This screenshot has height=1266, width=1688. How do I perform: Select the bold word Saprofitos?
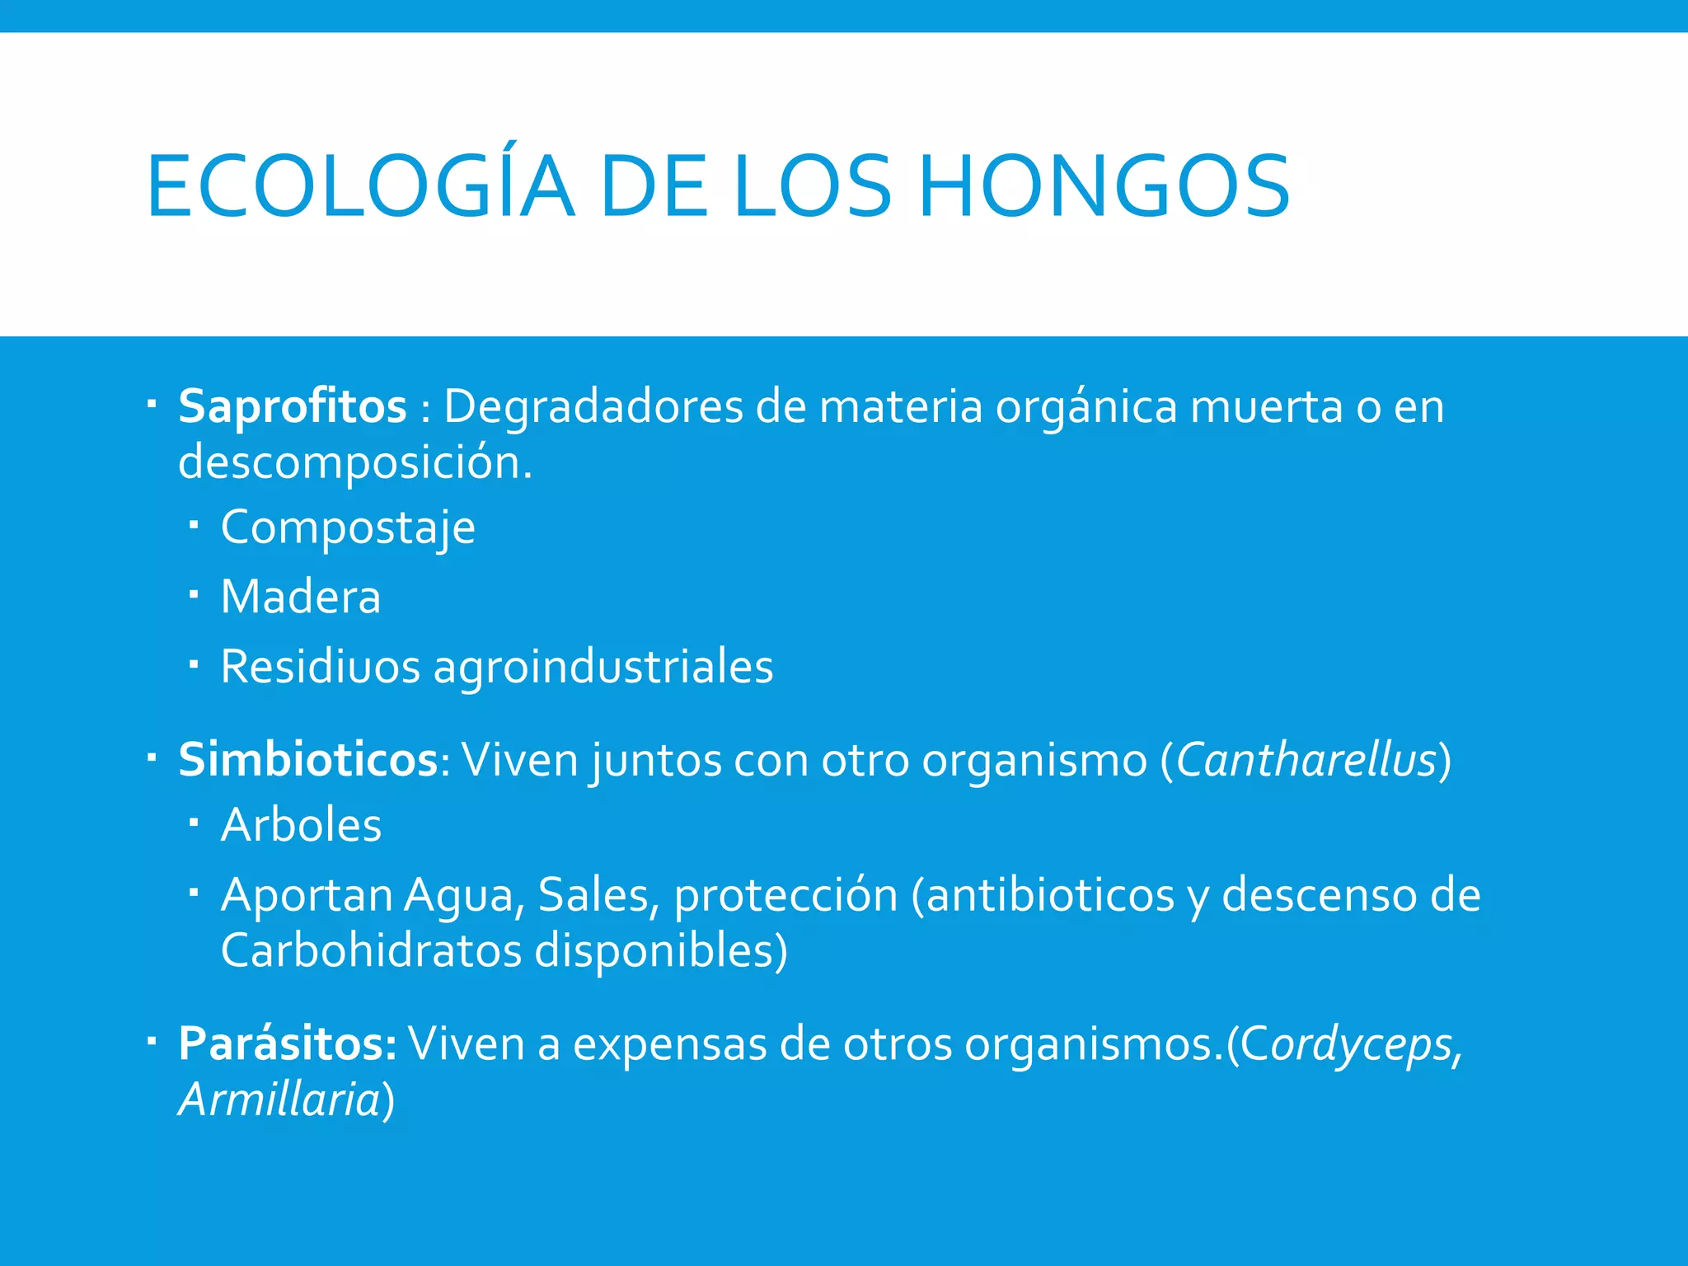pyautogui.click(x=293, y=406)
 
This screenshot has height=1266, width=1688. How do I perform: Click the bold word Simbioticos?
pyautogui.click(x=308, y=759)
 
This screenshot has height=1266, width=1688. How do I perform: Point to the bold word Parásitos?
pyautogui.click(x=288, y=1043)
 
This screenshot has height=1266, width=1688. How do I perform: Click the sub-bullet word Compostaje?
pyautogui.click(x=348, y=527)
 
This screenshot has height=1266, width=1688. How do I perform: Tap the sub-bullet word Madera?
pyautogui.click(x=301, y=597)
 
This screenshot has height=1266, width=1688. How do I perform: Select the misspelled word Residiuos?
pyautogui.click(x=321, y=666)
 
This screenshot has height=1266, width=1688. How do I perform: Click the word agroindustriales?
pyautogui.click(x=603, y=666)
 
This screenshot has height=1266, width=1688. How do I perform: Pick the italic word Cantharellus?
pyautogui.click(x=1306, y=759)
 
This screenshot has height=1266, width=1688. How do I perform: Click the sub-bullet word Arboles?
pyautogui.click(x=301, y=825)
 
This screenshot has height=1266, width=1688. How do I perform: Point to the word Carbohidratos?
pyautogui.click(x=371, y=950)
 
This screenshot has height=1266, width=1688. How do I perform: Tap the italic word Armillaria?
pyautogui.click(x=279, y=1100)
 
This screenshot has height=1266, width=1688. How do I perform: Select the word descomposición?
pyautogui.click(x=355, y=462)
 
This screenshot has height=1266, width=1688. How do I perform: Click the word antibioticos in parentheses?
pyautogui.click(x=1050, y=895)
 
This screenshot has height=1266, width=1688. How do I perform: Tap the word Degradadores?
pyautogui.click(x=593, y=406)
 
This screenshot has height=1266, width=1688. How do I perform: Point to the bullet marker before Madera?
pyautogui.click(x=194, y=594)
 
